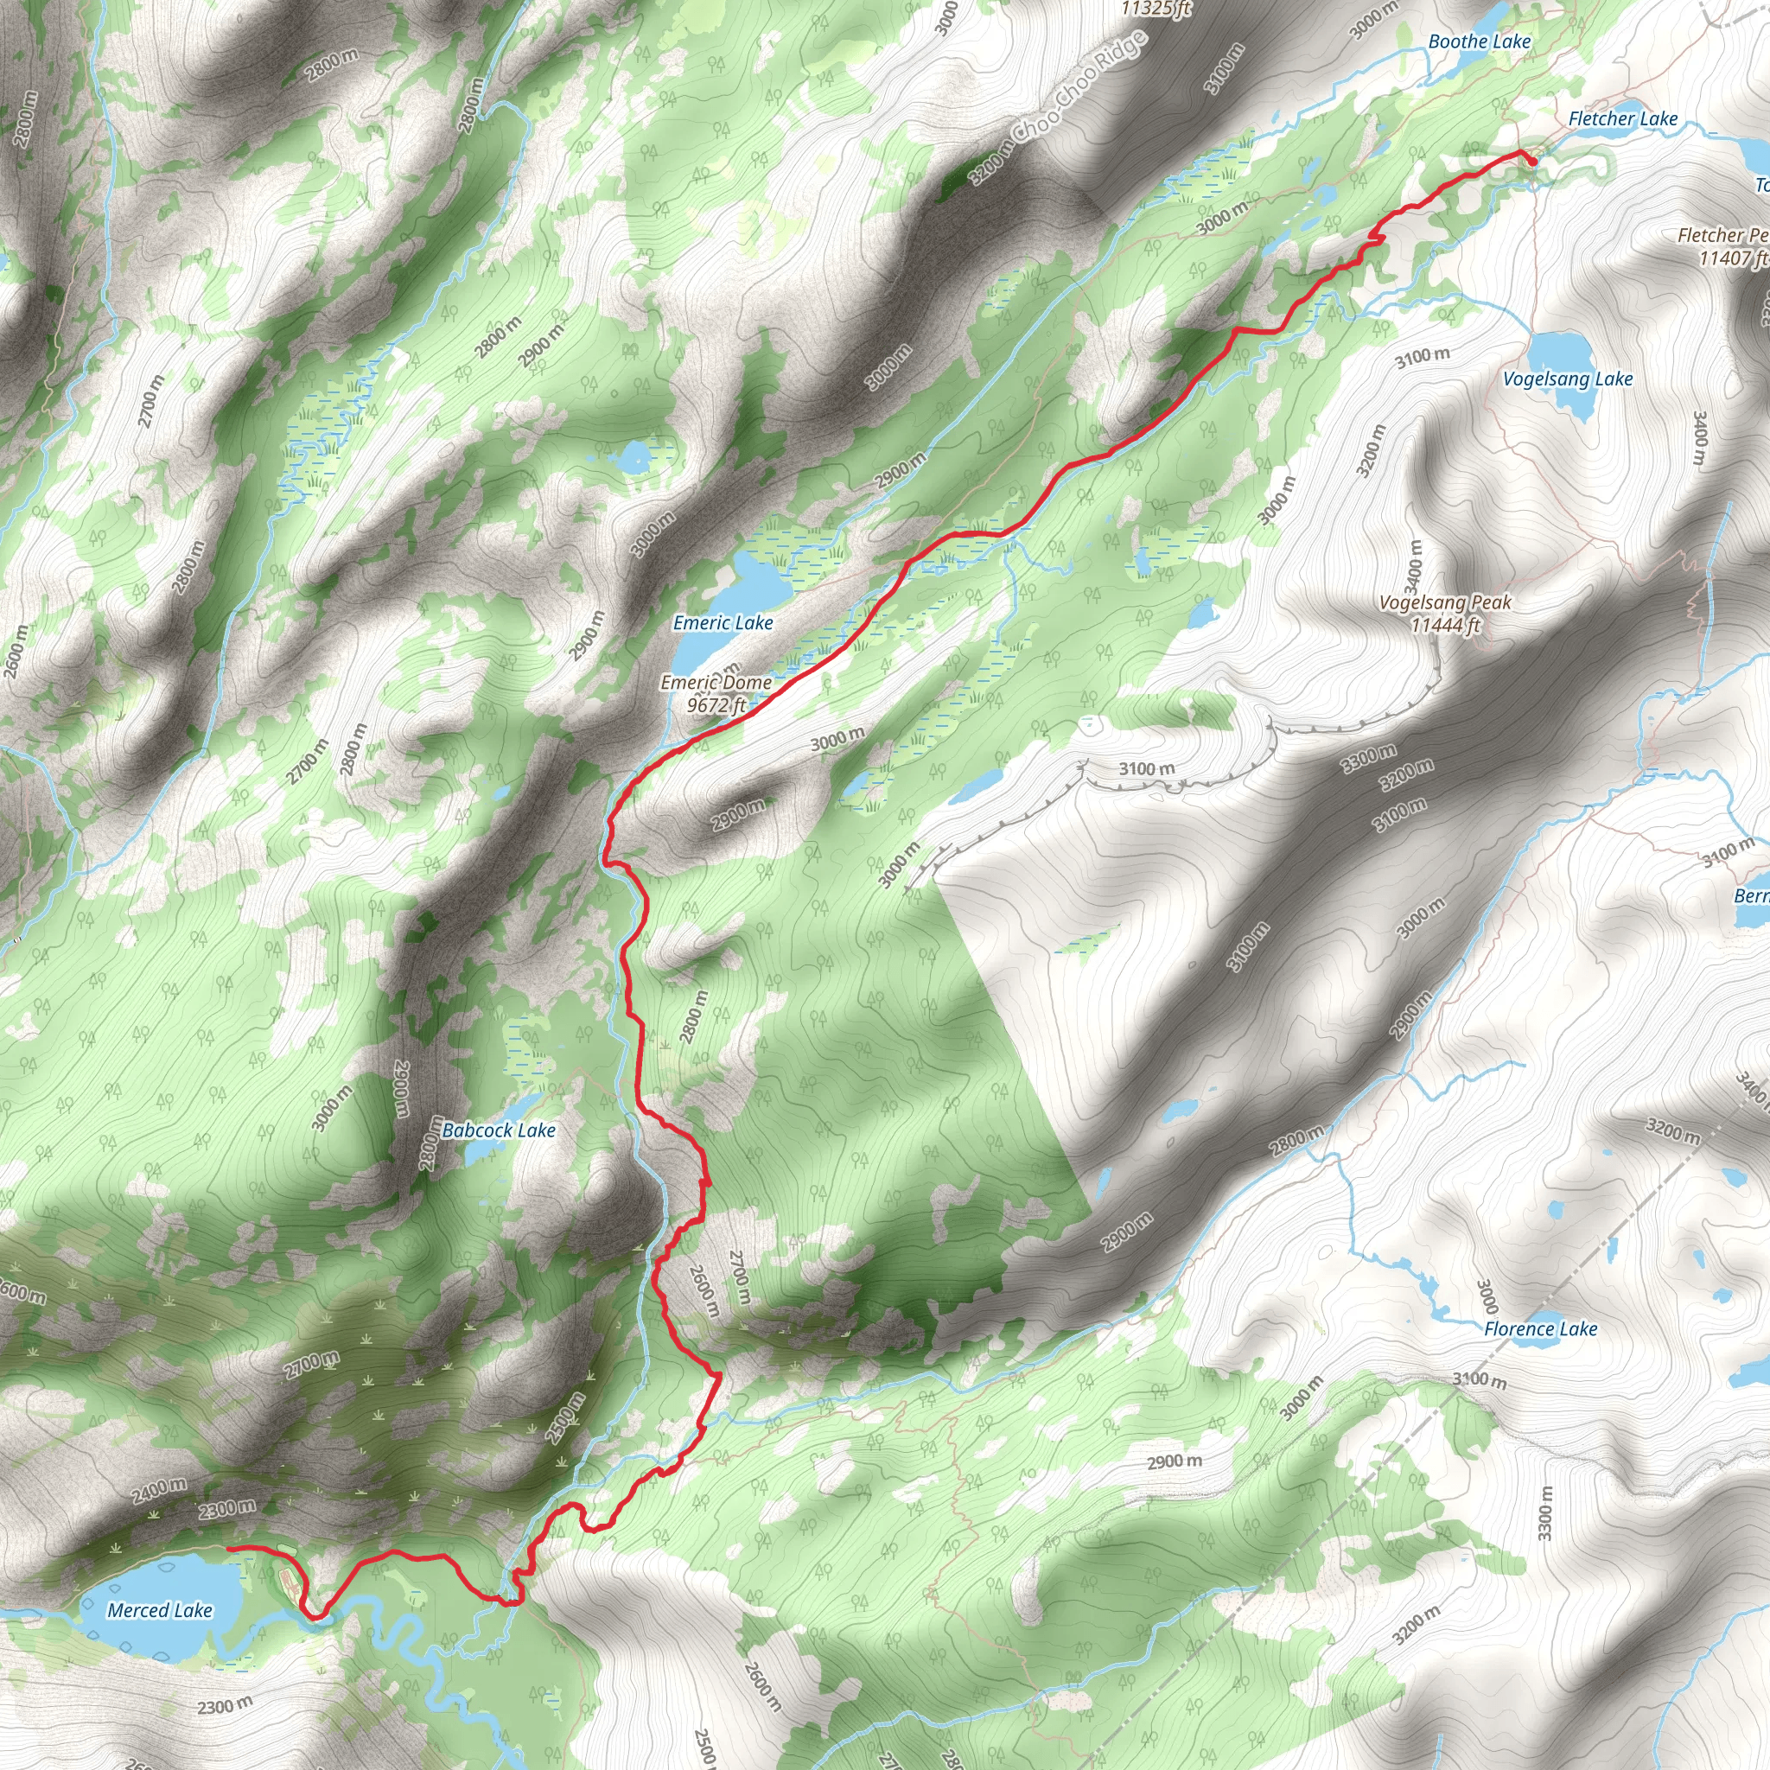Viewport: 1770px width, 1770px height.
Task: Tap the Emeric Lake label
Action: (723, 623)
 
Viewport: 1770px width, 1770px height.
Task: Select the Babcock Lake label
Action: (499, 1130)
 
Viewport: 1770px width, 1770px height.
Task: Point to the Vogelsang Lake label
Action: (1568, 379)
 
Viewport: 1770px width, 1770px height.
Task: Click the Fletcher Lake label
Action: (1622, 119)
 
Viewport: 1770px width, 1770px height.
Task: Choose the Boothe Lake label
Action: (1480, 42)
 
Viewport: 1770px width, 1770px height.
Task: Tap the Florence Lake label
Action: (1540, 1328)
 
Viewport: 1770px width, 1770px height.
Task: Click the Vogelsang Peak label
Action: (1445, 603)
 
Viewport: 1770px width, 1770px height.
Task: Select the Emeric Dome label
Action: (716, 683)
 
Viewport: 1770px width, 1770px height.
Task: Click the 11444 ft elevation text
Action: (1445, 626)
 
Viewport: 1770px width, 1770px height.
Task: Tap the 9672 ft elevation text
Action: (716, 704)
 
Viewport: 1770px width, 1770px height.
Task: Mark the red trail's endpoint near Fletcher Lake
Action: (1532, 162)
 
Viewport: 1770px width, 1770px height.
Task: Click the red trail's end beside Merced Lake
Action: (227, 1547)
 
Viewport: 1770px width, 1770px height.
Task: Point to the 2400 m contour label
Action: (159, 1491)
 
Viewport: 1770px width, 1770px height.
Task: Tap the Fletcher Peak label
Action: (1722, 235)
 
